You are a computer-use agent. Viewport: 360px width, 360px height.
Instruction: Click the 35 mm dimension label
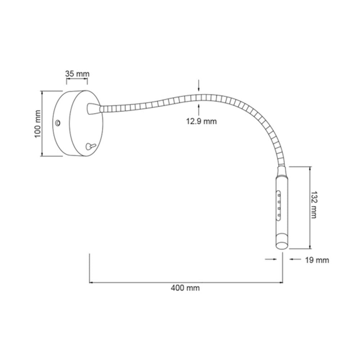[77, 74]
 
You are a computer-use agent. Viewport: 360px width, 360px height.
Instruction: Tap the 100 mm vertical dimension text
[37, 123]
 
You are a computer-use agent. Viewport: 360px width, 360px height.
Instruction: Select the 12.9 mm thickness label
[201, 121]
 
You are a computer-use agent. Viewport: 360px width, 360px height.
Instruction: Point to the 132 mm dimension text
[313, 204]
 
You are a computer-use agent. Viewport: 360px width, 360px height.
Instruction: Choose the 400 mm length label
[185, 288]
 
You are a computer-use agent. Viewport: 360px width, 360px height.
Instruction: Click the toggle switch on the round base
[89, 146]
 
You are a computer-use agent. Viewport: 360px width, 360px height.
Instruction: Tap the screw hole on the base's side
[57, 123]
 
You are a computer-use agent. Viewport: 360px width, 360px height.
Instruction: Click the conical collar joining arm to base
[93, 108]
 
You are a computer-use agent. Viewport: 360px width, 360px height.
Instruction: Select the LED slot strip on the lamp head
[279, 205]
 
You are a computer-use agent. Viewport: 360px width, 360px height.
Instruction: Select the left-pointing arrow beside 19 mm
[293, 259]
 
